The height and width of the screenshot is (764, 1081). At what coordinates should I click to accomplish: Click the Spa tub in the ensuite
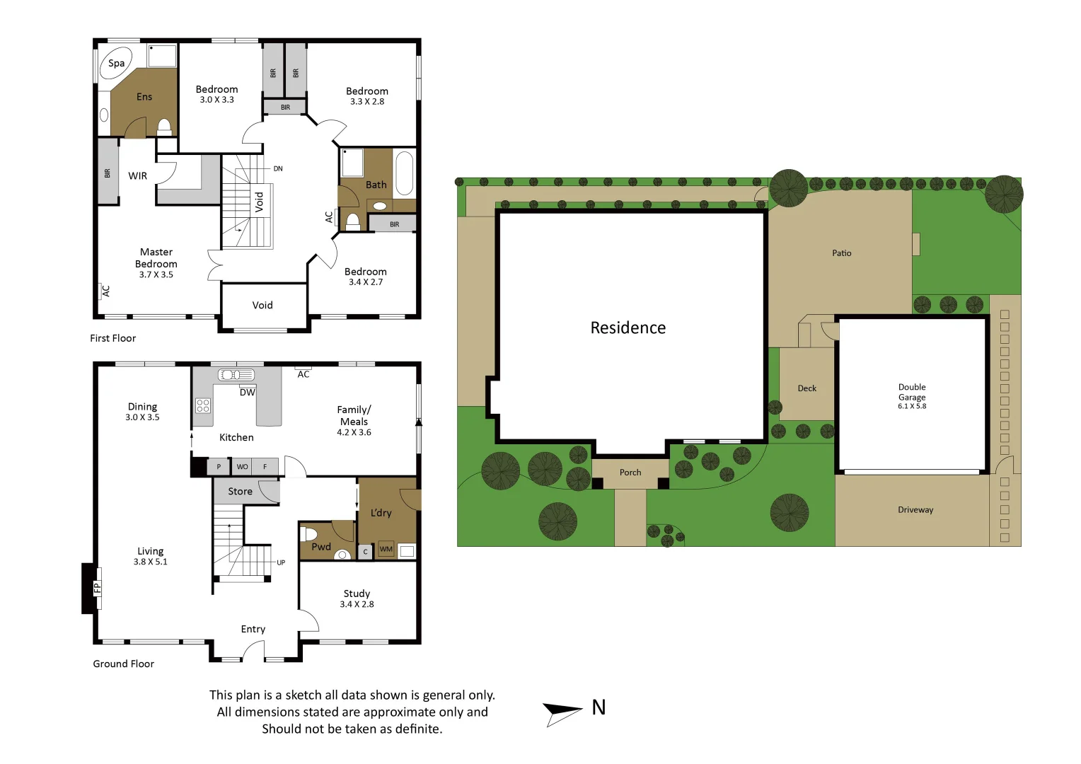tap(116, 64)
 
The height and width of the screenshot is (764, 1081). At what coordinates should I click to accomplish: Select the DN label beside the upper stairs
tap(278, 169)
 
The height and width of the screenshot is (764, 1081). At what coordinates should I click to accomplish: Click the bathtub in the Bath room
tap(404, 173)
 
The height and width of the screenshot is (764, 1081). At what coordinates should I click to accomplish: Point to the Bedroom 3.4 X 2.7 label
tap(365, 277)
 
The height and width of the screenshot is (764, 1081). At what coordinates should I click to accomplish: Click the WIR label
tap(138, 176)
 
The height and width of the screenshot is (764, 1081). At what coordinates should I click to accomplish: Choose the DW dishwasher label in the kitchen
tap(247, 393)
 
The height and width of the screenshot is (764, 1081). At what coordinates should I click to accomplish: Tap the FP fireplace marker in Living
tap(97, 587)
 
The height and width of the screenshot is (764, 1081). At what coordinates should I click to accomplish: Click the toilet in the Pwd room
tap(309, 533)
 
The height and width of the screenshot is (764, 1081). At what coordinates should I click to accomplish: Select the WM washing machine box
tap(386, 550)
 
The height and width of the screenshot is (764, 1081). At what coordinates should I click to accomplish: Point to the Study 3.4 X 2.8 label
tap(357, 598)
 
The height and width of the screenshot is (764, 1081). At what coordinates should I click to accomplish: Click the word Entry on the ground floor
tap(253, 629)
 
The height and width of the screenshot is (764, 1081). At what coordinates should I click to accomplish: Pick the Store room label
tap(240, 492)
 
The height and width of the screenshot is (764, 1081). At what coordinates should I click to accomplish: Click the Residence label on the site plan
tap(628, 328)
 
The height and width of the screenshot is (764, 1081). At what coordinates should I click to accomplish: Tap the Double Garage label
tap(912, 393)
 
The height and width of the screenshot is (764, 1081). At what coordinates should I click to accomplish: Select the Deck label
tap(807, 388)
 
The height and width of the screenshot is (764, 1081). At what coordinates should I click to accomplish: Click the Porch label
tap(630, 473)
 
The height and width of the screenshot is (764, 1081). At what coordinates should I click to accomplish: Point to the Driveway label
tap(915, 510)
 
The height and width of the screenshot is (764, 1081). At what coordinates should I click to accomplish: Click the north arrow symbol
tap(563, 712)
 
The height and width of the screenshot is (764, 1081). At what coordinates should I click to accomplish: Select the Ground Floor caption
tap(124, 664)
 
